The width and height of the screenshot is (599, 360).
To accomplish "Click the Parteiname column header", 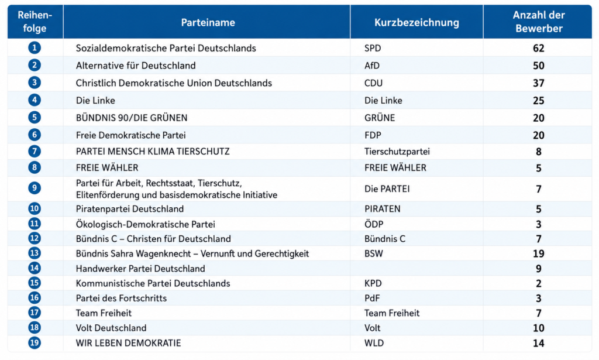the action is point(208,23).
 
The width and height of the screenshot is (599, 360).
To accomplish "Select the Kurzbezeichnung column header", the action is point(416,23).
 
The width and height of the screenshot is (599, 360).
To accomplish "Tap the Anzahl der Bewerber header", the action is point(539,22).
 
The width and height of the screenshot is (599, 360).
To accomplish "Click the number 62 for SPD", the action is point(539,48).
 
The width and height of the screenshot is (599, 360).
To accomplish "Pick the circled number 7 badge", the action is point(35,152).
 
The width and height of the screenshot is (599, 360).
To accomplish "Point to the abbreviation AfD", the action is point(371,66).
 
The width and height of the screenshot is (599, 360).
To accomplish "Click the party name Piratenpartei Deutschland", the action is point(130,209).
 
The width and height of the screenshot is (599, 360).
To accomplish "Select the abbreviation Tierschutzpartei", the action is point(397,152).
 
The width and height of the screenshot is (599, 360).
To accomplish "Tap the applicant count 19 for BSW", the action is point(539,254).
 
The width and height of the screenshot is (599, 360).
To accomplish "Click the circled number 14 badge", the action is point(35,268).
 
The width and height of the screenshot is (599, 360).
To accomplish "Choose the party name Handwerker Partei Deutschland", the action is point(140,269).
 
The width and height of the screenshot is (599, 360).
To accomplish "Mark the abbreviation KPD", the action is point(373,283).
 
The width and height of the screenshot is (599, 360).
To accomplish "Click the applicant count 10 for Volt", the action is point(539,328).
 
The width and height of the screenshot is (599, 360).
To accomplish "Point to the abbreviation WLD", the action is point(374,343).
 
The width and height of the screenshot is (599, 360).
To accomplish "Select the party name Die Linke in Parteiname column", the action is point(95,101).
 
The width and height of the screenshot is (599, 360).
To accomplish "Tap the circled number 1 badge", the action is point(35,48).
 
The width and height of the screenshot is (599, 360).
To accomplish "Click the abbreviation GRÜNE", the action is point(380,118).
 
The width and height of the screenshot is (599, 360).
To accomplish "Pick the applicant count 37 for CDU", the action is point(539,83).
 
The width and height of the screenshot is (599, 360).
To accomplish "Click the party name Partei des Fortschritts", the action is point(121,299).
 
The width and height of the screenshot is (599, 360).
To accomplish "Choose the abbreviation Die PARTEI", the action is point(387,189).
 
